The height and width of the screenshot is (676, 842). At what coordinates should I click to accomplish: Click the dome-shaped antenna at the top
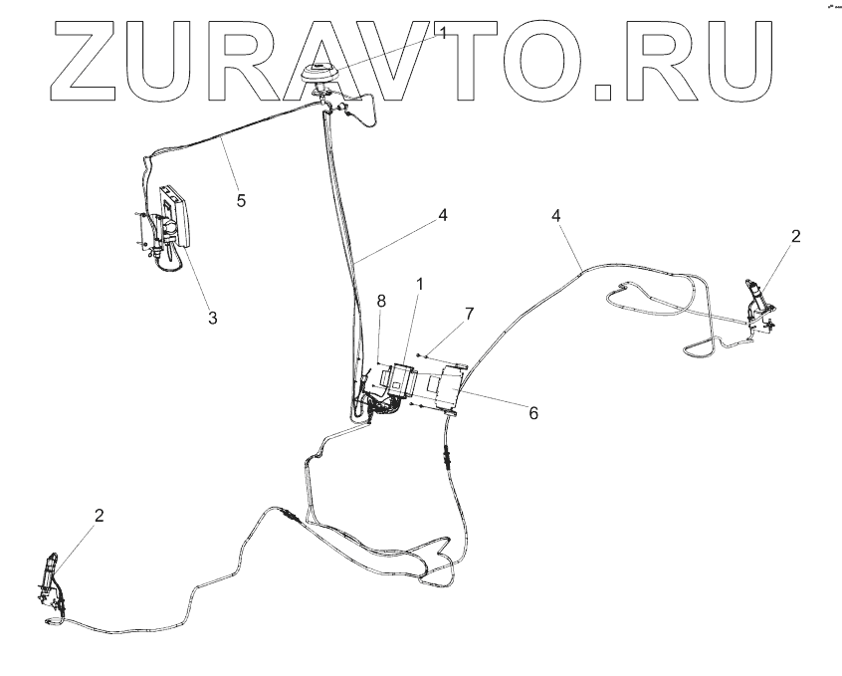pos(321,73)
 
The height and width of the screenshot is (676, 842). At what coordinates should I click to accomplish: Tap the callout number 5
pos(240,199)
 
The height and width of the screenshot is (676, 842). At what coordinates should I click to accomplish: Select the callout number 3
pos(212,318)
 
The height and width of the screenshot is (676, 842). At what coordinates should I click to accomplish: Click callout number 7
pos(469,314)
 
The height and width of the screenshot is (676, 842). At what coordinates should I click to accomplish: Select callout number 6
pos(533,412)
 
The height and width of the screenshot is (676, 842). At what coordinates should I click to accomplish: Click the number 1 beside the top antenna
pos(444,34)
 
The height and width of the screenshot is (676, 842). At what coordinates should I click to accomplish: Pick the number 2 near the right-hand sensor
pos(795,236)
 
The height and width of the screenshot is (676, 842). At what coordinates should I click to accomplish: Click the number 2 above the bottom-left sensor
pos(99,515)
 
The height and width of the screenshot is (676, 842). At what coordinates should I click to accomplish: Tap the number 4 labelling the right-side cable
pos(556,216)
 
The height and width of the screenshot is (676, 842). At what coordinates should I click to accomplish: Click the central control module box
pos(402,380)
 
